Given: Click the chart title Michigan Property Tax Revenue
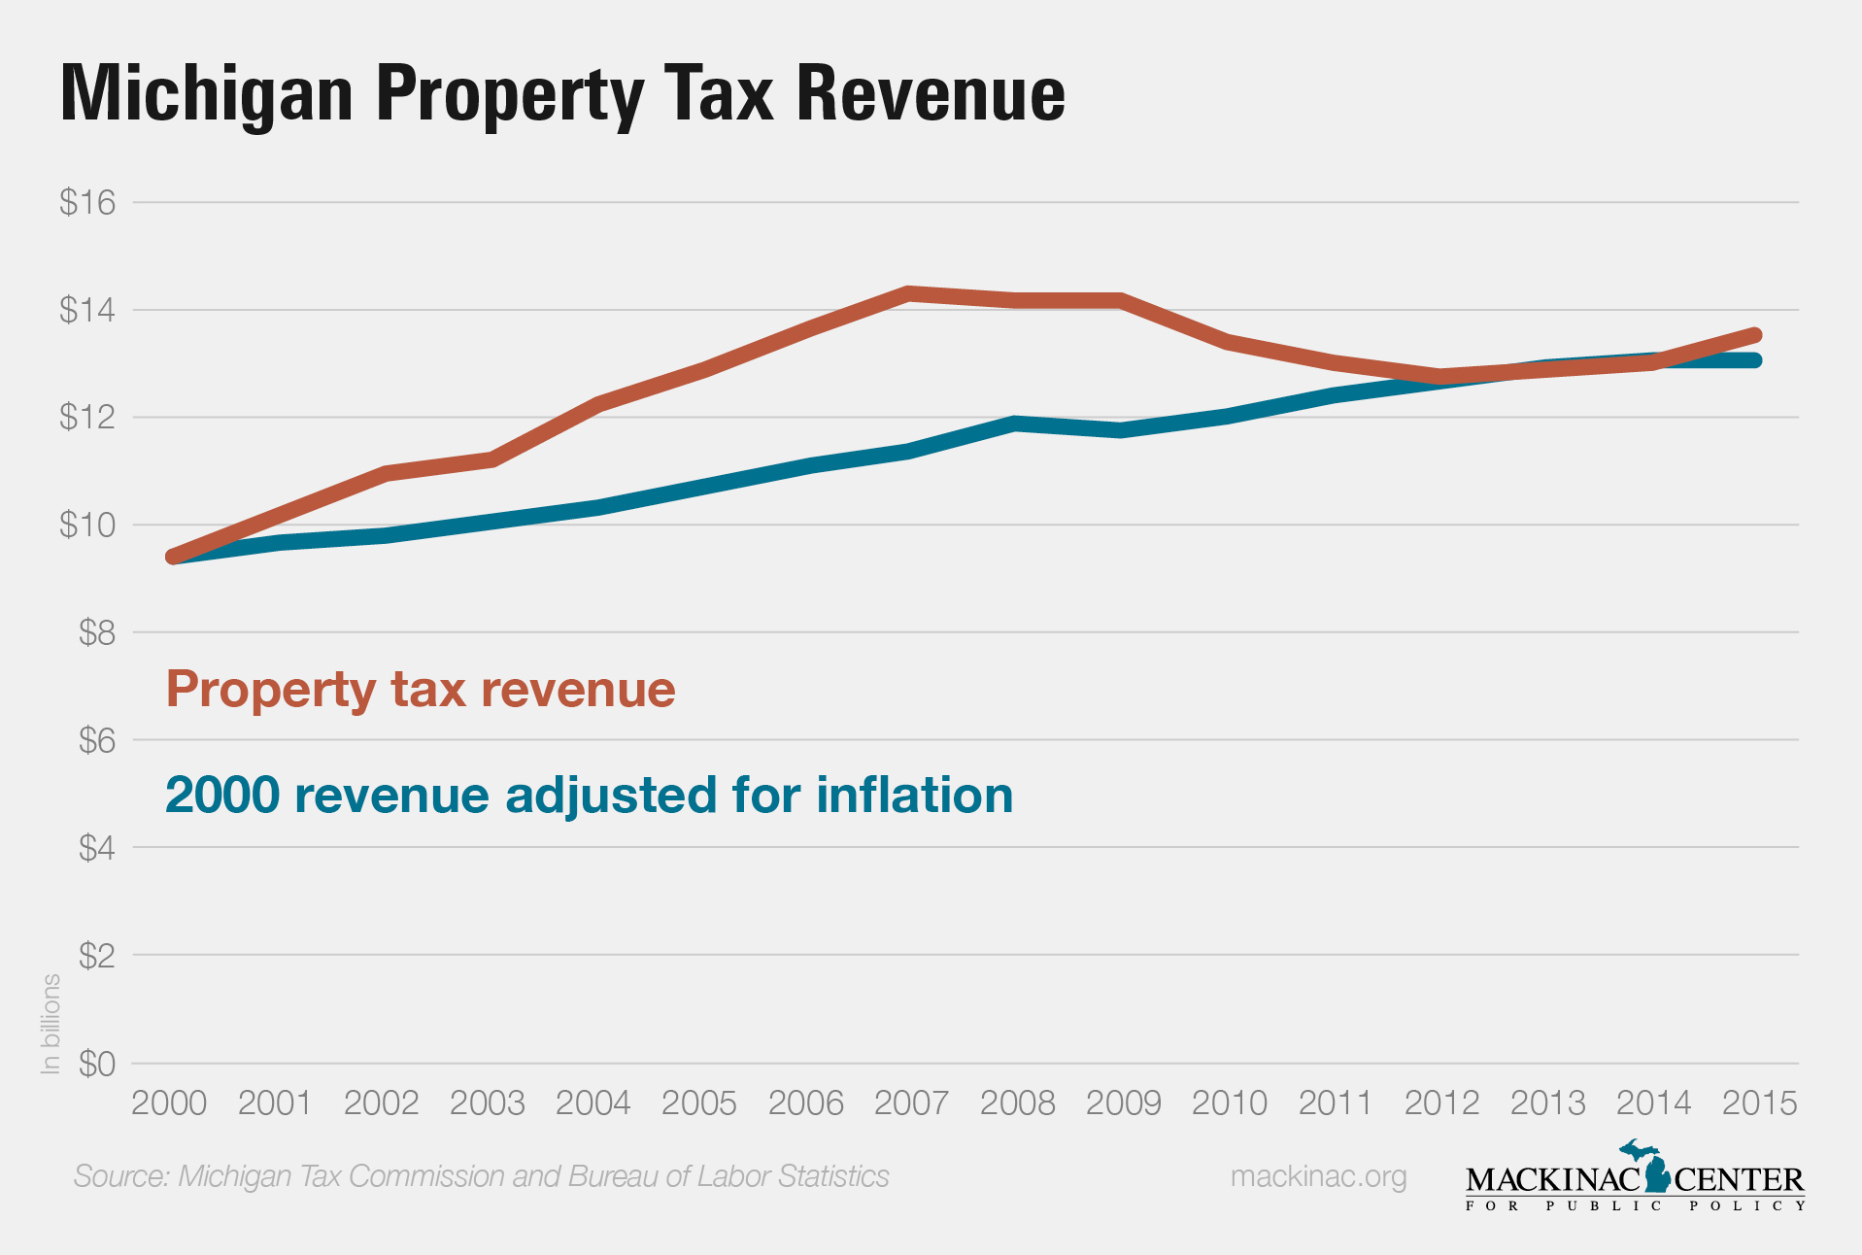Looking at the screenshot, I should pyautogui.click(x=562, y=94).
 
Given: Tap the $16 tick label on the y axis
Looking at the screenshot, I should pyautogui.click(x=87, y=202).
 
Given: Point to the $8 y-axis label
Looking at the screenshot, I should pyautogui.click(x=96, y=633).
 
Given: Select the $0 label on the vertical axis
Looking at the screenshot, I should pyautogui.click(x=96, y=1065).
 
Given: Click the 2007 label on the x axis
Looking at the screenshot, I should pyautogui.click(x=911, y=1103).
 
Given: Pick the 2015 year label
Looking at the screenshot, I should pyautogui.click(x=1759, y=1103).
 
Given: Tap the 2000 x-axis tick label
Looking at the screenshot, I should pyautogui.click(x=169, y=1103).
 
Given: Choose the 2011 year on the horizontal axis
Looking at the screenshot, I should pyautogui.click(x=1336, y=1103).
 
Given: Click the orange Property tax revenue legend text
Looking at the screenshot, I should pyautogui.click(x=421, y=690).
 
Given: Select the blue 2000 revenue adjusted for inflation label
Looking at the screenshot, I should pyautogui.click(x=589, y=795).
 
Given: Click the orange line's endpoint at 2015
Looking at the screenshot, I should pyautogui.click(x=1754, y=336).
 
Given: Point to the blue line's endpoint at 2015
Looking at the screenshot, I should pyautogui.click(x=1754, y=360).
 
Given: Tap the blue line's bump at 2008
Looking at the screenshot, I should pyautogui.click(x=1015, y=424).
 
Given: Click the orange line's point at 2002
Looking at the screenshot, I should pyautogui.click(x=387, y=473).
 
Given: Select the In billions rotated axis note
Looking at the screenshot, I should pyautogui.click(x=51, y=1024).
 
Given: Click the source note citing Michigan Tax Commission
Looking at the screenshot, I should pyautogui.click(x=481, y=1176).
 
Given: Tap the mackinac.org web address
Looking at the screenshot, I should pyautogui.click(x=1318, y=1176).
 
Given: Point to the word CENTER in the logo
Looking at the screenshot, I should pyautogui.click(x=1739, y=1180).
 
